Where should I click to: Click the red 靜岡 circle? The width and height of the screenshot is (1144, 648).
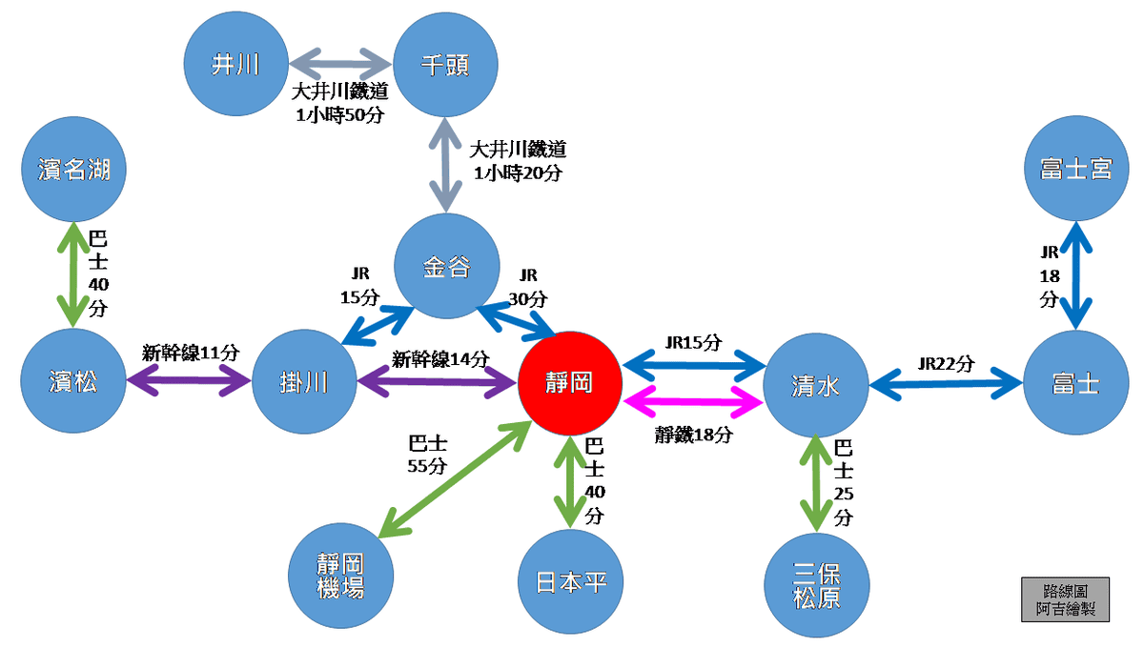pos(570,384)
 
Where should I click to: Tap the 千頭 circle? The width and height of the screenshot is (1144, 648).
pos(445,64)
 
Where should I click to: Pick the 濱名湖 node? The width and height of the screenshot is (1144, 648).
pos(73,170)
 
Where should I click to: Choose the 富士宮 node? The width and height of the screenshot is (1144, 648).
pos(1075,169)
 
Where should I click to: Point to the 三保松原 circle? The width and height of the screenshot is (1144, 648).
pos(817,584)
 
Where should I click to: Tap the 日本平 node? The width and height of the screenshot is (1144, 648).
pos(569,581)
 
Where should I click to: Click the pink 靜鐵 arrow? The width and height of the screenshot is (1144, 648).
pos(693,401)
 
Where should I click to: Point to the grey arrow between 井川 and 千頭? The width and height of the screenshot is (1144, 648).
pos(340,64)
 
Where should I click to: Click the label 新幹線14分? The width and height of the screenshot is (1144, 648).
pos(440,359)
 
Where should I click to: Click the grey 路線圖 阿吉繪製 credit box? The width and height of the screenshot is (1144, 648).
pos(1065,599)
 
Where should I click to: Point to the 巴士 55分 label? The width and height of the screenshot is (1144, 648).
pos(427,455)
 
